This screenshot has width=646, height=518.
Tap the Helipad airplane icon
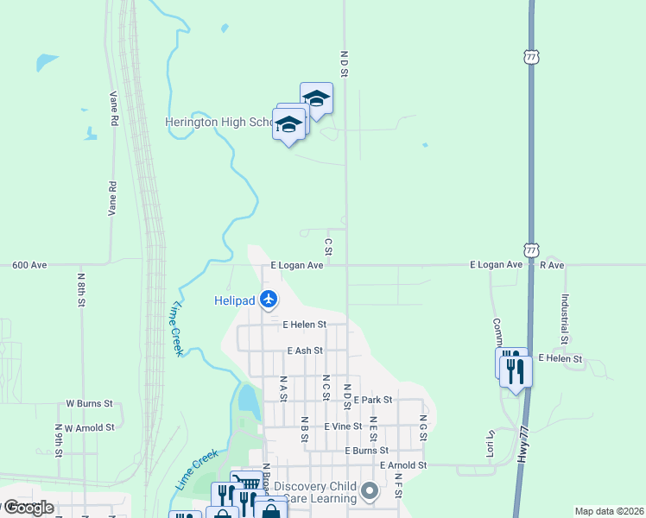pos(269,300)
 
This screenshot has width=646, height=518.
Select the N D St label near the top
pos(343,64)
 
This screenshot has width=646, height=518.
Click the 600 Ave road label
pos(29,266)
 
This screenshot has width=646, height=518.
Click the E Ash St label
pos(304,351)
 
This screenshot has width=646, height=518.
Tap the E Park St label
pos(372,400)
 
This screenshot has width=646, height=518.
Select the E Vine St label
pos(343,426)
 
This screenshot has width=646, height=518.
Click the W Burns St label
pos(90,403)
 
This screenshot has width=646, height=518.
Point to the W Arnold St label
pos(90,427)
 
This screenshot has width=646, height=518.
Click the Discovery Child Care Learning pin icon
pos(370,491)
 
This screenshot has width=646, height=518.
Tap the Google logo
pos(28,508)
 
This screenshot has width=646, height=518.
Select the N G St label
pos(423,428)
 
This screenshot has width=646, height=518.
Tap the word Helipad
pos(234,300)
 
